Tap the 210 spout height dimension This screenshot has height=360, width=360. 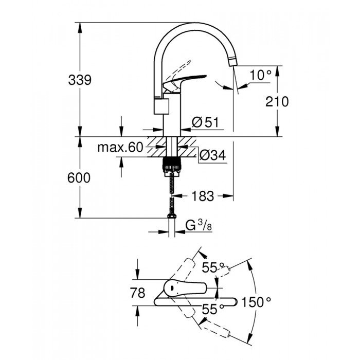(x=278, y=101)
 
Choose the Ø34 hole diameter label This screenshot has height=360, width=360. (x=211, y=154)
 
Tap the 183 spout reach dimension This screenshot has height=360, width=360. (x=202, y=195)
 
